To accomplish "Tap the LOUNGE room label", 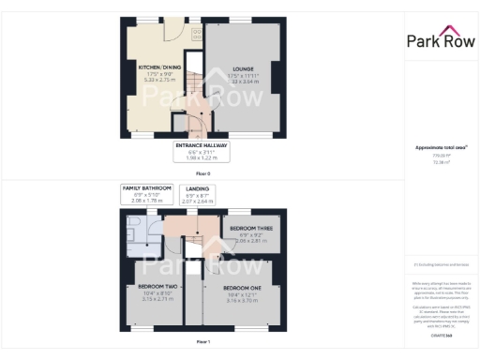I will pos(244,68).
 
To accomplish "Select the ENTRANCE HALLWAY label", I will pos(202,146).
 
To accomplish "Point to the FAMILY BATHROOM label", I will pos(147,189).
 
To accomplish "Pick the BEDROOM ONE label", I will pos(242,286).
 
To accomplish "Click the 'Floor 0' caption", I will pos(203,172).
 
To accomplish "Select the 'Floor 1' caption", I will pos(203,341).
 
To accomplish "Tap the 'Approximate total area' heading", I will pos(440,148).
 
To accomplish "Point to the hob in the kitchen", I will pos(197,33).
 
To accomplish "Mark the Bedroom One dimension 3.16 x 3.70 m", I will pos(242,300).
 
